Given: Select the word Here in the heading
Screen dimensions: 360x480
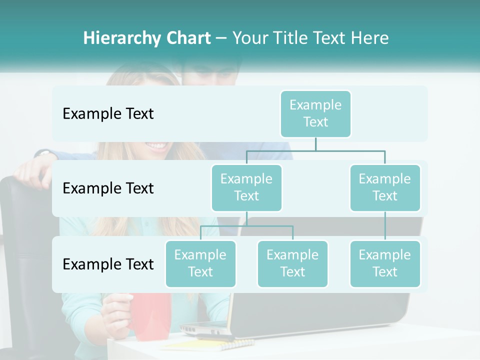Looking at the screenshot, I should pyautogui.click(x=370, y=38).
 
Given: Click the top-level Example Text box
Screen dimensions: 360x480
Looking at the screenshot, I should pyautogui.click(x=315, y=113).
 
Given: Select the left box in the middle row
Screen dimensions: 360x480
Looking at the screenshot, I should pyautogui.click(x=246, y=187).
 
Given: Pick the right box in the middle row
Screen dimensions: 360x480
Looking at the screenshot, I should pyautogui.click(x=385, y=187).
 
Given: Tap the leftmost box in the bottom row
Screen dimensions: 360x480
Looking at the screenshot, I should pyautogui.click(x=200, y=263).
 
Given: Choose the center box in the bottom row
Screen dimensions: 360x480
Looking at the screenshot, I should pyautogui.click(x=292, y=263).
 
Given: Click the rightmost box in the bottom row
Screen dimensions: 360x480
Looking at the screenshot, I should pyautogui.click(x=385, y=263).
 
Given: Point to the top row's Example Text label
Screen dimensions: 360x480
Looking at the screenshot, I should pyautogui.click(x=108, y=114).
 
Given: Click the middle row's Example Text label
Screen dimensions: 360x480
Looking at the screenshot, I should pyautogui.click(x=108, y=188).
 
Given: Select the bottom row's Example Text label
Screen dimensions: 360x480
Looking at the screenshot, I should pyautogui.click(x=108, y=264).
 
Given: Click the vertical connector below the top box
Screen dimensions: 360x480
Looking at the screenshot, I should pyautogui.click(x=315, y=143).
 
